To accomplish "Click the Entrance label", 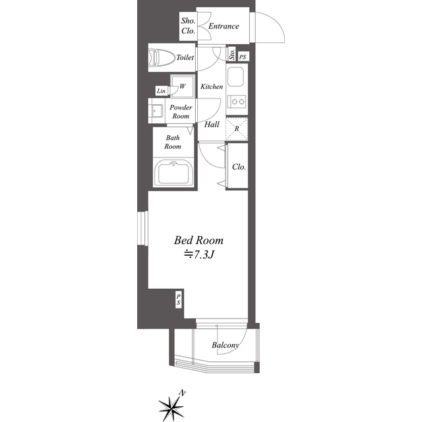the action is (x=224, y=26).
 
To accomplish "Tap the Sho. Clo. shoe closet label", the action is (x=188, y=26).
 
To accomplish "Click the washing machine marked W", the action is (x=183, y=86).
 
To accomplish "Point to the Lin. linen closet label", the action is (x=162, y=91).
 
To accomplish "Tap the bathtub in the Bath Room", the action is (x=173, y=173).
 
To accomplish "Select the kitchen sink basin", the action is (x=236, y=77).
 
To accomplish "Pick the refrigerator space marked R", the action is (x=237, y=129).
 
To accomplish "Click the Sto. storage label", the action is (x=232, y=54).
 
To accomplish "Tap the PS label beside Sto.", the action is (x=243, y=57).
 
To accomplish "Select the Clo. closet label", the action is (x=239, y=167).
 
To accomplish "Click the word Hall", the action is (x=212, y=125).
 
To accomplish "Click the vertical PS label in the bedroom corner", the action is (x=178, y=299).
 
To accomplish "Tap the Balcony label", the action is (x=226, y=345).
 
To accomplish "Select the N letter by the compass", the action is (x=183, y=393).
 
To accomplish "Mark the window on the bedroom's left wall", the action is (x=142, y=228).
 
